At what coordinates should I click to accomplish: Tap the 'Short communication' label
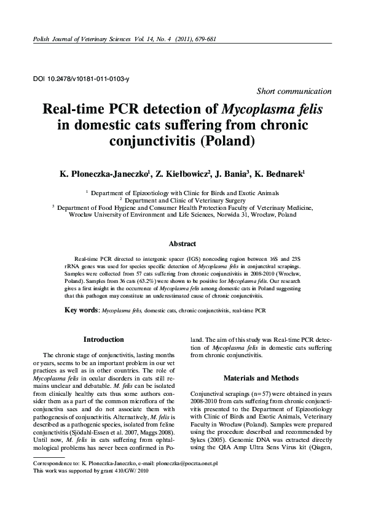pos(294,91)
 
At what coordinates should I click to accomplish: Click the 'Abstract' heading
pos(182,244)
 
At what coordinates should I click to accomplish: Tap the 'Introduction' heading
pos(103,339)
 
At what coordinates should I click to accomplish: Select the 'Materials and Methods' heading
pos(261,378)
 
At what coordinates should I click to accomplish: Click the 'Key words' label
pos(82,311)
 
